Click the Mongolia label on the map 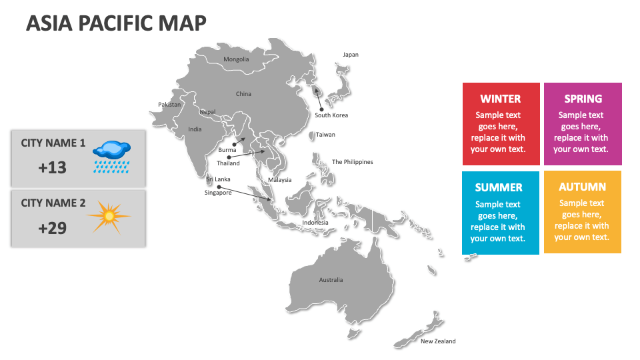236,59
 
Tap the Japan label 351,55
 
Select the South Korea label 331,115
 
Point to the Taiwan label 325,135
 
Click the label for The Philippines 353,162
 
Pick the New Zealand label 438,341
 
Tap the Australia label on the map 331,280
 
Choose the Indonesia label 315,223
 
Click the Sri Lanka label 218,179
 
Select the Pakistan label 169,105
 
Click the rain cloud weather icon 111,156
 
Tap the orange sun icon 107,217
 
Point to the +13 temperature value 53,167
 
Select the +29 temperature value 53,228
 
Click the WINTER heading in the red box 501,99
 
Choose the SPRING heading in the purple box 583,99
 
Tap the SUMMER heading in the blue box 499,187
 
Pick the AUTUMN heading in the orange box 582,187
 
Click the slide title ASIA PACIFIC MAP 116,23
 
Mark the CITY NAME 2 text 53,203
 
